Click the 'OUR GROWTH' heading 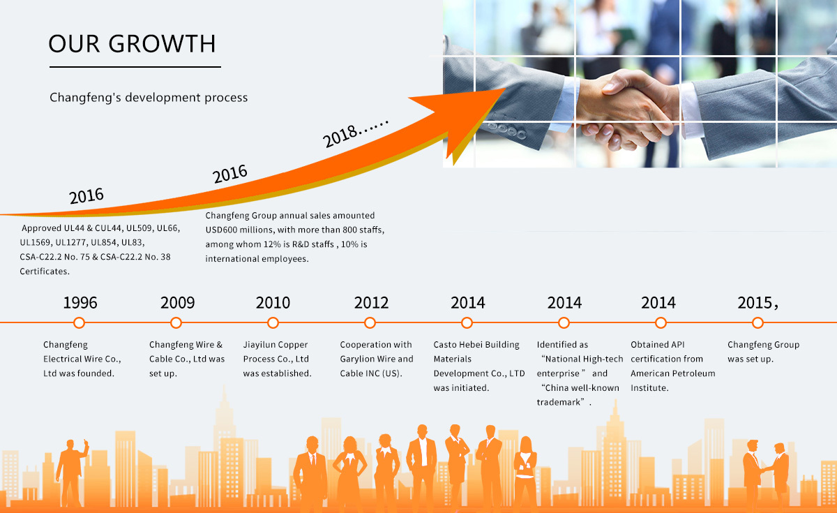tap(132, 44)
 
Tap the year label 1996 tap(80, 302)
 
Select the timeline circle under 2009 tap(176, 322)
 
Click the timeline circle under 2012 tap(370, 322)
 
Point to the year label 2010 tap(273, 302)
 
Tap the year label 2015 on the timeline tap(755, 302)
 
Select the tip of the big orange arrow tap(505, 89)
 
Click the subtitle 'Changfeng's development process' tap(149, 98)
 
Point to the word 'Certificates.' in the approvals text tap(45, 271)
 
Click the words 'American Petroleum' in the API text tap(673, 373)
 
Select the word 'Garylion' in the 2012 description tap(357, 359)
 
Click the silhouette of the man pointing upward tap(72, 472)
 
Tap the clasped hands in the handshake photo tap(628, 108)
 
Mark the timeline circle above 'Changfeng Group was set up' tap(757, 322)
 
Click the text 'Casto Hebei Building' tap(476, 344)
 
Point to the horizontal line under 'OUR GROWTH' tap(135, 67)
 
